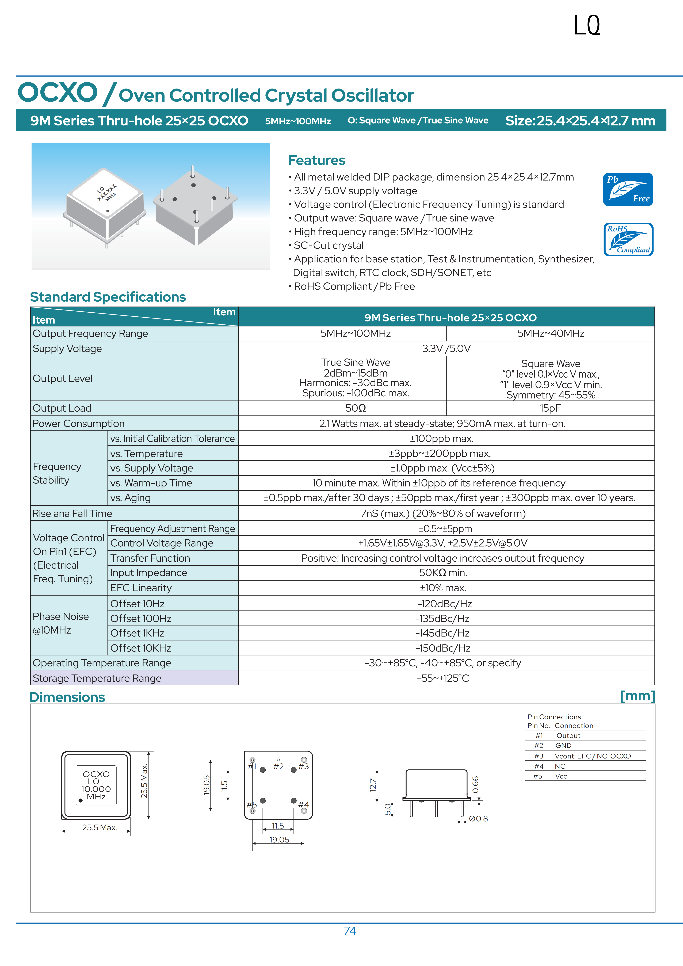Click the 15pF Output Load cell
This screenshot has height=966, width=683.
click(550, 408)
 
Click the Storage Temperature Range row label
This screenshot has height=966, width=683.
click(97, 678)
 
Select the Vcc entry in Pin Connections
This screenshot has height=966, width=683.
click(561, 776)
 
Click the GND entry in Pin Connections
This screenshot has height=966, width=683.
click(563, 746)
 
